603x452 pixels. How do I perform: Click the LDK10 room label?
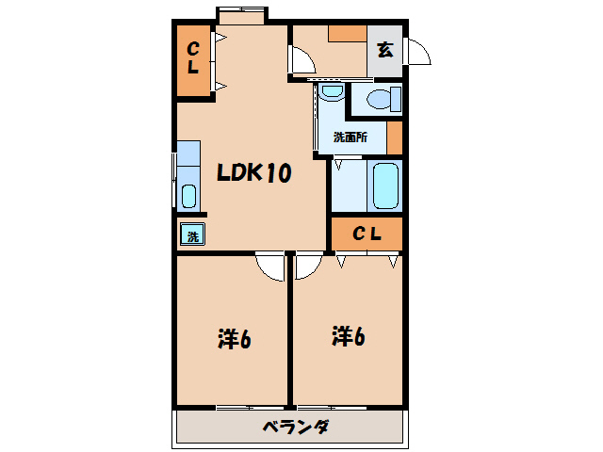click(x=253, y=173)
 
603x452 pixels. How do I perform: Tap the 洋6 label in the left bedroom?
click(x=233, y=338)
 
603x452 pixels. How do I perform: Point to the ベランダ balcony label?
click(x=295, y=428)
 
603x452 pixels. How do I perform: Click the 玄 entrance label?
click(x=385, y=51)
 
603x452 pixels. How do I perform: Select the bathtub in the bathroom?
click(x=386, y=186)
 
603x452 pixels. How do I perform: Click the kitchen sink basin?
click(x=188, y=197)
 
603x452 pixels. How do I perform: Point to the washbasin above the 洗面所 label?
click(x=331, y=92)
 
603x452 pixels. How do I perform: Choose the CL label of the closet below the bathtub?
click(x=366, y=234)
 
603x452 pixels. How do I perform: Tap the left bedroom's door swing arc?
click(x=271, y=267)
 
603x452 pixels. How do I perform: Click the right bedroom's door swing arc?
click(x=307, y=266)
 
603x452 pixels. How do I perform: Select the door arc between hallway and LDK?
click(x=302, y=61)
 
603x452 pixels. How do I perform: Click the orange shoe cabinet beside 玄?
click(x=347, y=33)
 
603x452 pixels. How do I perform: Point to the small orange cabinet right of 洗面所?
click(x=395, y=137)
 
